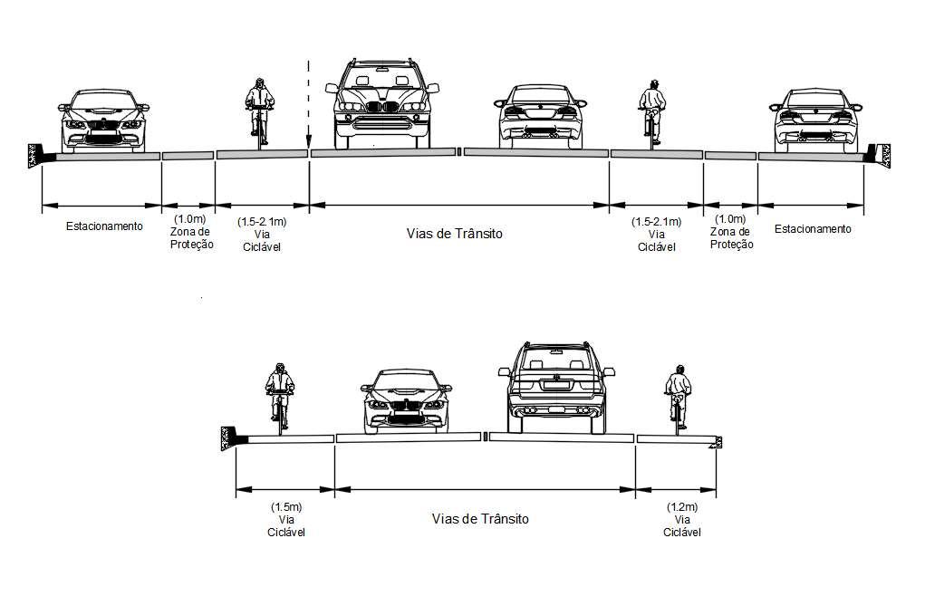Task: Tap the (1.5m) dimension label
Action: pyautogui.click(x=286, y=507)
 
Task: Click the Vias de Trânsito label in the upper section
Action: pyautogui.click(x=454, y=234)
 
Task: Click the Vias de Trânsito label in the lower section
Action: pyautogui.click(x=480, y=519)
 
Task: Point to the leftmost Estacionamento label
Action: pyautogui.click(x=104, y=226)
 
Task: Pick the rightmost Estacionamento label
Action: pyautogui.click(x=813, y=229)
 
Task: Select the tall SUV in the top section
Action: pyautogui.click(x=381, y=103)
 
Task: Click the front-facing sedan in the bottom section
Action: pyautogui.click(x=406, y=400)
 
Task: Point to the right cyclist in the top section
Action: pyautogui.click(x=650, y=111)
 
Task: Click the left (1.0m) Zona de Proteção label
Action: pyautogui.click(x=191, y=232)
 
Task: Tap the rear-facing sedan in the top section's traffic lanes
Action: pyautogui.click(x=541, y=116)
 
